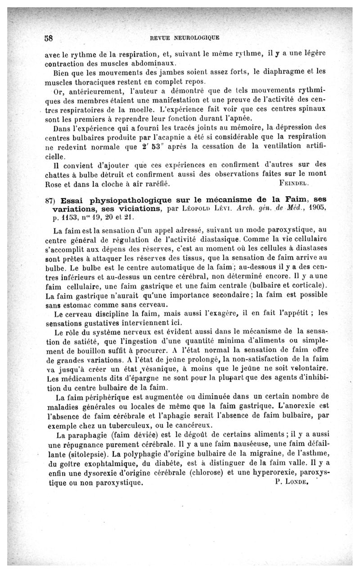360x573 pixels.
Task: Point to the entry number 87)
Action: (50, 200)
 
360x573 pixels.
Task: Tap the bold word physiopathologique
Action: (128, 200)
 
